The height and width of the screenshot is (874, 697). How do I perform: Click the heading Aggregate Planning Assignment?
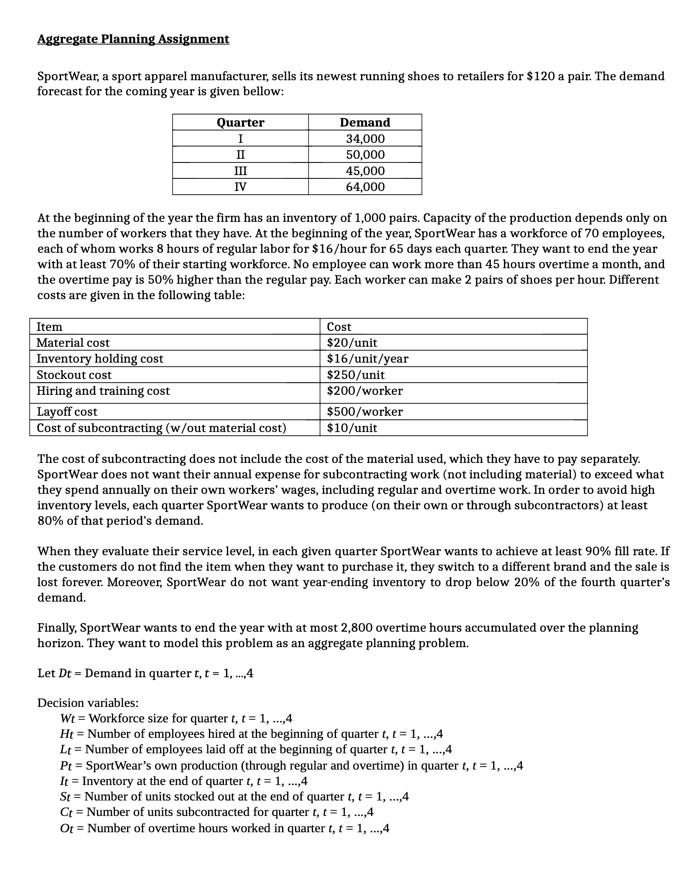[133, 39]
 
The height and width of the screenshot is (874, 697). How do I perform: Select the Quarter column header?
[240, 122]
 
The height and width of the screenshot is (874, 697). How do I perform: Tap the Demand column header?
[365, 122]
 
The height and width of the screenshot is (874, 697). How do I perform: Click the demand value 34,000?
[365, 139]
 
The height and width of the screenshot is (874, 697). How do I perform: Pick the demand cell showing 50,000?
[365, 155]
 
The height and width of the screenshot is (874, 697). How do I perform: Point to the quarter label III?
[240, 171]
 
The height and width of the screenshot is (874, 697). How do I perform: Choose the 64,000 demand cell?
[365, 187]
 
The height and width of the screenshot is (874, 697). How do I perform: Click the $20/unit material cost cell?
[352, 343]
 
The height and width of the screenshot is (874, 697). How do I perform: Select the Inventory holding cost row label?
[100, 359]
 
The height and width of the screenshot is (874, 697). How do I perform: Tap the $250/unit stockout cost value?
[356, 375]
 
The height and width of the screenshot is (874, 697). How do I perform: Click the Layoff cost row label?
[67, 412]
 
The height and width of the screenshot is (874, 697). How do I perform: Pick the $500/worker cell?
[365, 412]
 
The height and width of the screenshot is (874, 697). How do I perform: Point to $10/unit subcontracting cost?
[352, 428]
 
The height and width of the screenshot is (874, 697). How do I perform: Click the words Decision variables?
[88, 703]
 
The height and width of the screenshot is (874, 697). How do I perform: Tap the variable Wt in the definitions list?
[67, 719]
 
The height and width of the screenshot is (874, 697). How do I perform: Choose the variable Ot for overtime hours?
[67, 828]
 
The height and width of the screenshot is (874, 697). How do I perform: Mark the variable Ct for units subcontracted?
[67, 813]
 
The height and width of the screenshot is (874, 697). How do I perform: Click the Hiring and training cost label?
[103, 391]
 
